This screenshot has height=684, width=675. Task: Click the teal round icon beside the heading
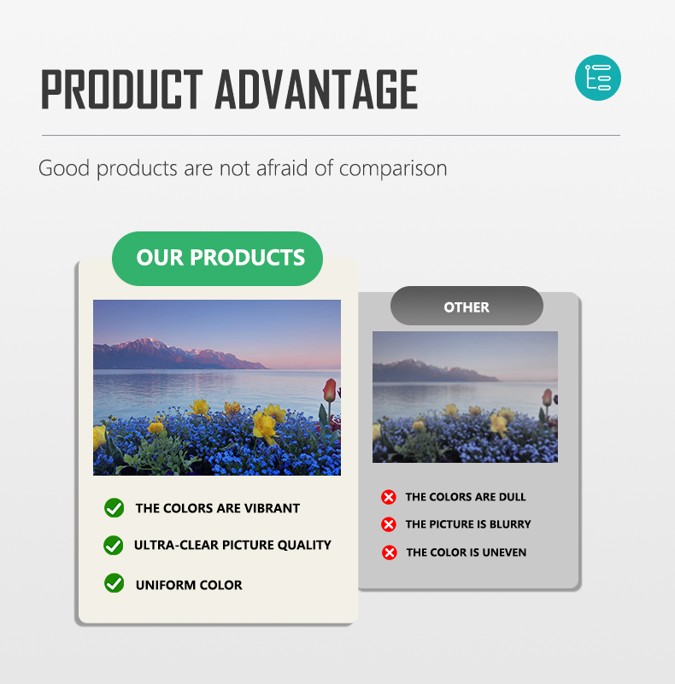[598, 78]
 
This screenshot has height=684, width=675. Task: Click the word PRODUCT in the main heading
[122, 89]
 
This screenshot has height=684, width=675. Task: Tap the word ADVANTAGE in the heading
[316, 89]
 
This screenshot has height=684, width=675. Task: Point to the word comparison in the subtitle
[393, 168]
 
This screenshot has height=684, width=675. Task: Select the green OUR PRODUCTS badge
[217, 258]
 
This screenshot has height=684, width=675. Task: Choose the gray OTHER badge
[467, 306]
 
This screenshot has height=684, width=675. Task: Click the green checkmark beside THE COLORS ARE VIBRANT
[114, 508]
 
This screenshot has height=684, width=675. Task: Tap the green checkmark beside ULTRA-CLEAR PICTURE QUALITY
[114, 545]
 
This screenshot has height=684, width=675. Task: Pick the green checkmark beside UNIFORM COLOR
[114, 583]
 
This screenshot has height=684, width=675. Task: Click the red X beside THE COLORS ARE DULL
[388, 497]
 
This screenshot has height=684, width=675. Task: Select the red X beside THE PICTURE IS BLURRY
[388, 524]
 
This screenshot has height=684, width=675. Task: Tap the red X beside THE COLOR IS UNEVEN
[389, 552]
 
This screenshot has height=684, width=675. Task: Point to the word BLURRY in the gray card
[510, 524]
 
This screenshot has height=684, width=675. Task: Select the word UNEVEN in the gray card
[504, 552]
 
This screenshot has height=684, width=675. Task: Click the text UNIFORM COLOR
[189, 585]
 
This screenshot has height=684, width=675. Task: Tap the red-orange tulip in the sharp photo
[330, 390]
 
